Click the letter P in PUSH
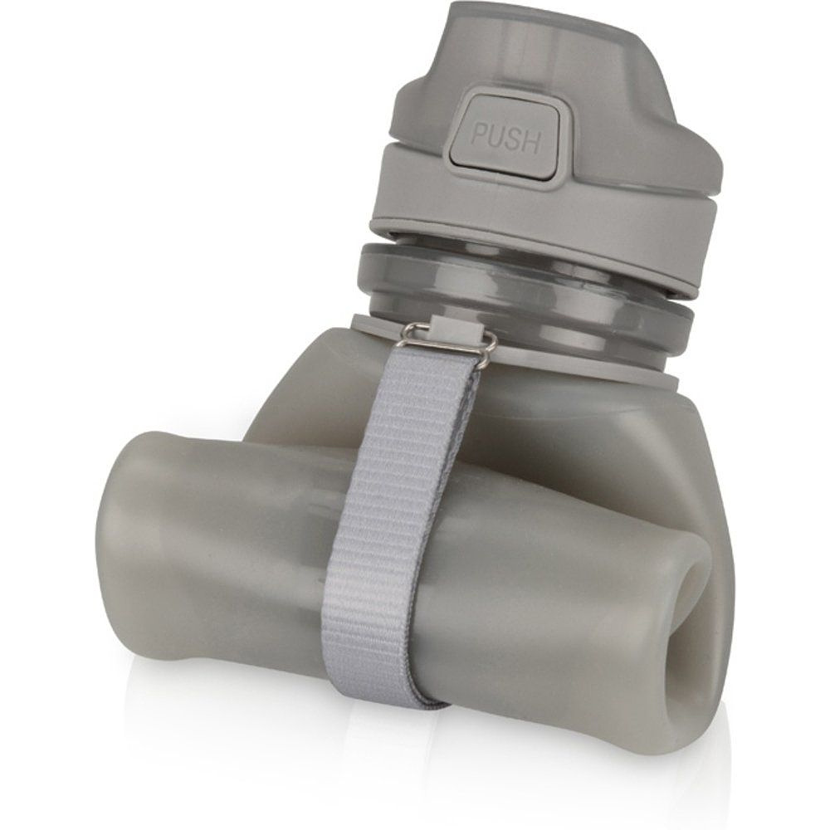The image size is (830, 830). pos(480,135)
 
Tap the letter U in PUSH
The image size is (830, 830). pos(497,138)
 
